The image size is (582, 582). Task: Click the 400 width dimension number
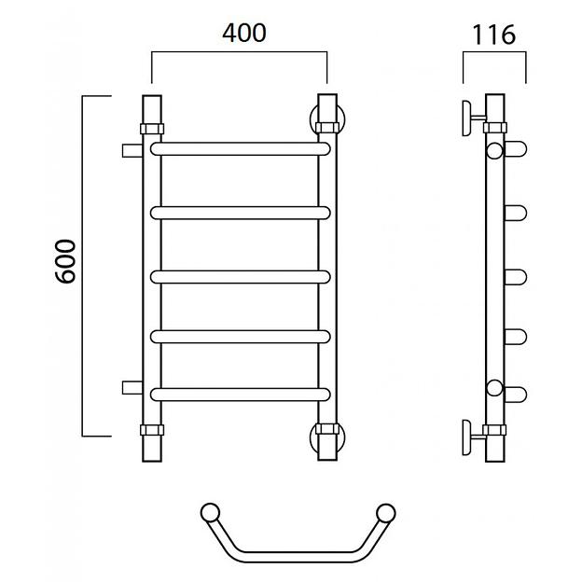(x=244, y=33)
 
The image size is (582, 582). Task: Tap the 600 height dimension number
(x=65, y=261)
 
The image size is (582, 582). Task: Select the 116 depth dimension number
(x=493, y=35)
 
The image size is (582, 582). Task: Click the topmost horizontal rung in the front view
(x=240, y=149)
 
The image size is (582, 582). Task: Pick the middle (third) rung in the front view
(x=240, y=277)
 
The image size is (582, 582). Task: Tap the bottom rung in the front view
(x=240, y=395)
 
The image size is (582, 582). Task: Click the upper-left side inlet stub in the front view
(x=132, y=150)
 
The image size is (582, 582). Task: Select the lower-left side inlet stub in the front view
(x=132, y=387)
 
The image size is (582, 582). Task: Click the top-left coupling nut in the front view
(x=152, y=129)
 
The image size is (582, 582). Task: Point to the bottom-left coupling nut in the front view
(x=152, y=430)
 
